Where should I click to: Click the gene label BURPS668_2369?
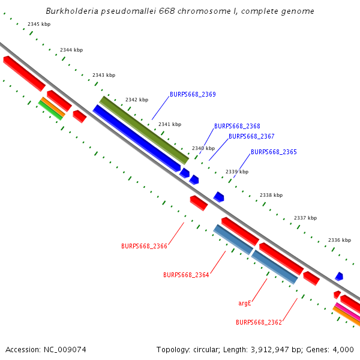click(193, 94)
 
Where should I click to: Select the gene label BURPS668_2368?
click(237, 126)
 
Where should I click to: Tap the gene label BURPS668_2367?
click(251, 136)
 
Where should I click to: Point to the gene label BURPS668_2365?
click(274, 152)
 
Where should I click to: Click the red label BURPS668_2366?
click(144, 246)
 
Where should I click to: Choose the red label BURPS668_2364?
click(186, 275)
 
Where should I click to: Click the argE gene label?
click(244, 304)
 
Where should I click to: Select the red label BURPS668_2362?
click(259, 322)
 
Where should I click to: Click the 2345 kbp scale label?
click(39, 24)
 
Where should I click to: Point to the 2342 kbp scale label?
click(136, 100)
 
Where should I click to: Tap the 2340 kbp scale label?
click(203, 148)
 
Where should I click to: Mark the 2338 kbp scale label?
click(271, 196)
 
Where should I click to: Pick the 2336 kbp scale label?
click(339, 240)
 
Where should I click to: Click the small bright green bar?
click(51, 110)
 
